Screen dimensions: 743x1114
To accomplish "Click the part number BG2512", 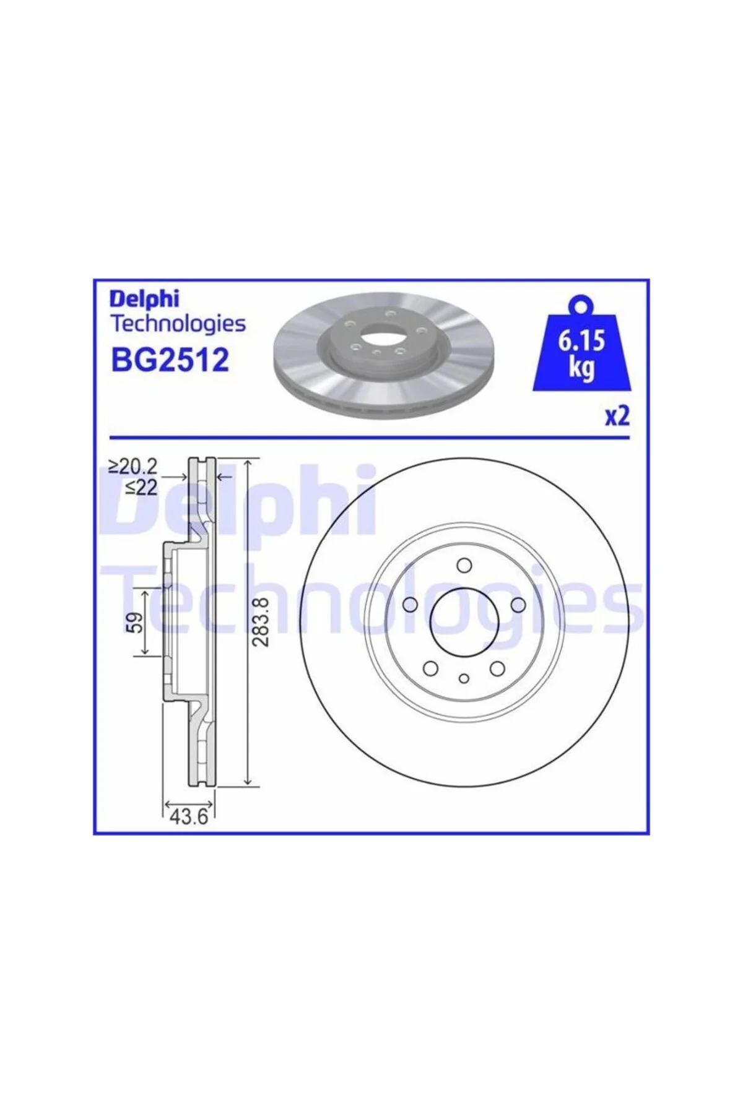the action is coord(170,359).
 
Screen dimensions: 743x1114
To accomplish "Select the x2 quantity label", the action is coord(617,416).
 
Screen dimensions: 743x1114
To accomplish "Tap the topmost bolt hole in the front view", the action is coord(463,564).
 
